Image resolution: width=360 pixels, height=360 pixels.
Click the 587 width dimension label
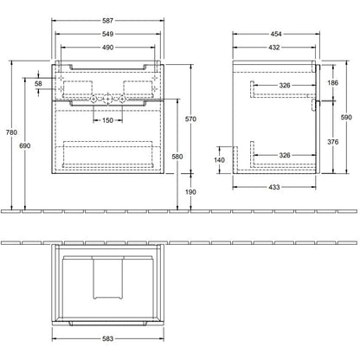[x=107, y=21]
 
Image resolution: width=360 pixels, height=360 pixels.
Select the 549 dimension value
[x=107, y=34]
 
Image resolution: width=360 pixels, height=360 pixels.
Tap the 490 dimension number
[x=107, y=48]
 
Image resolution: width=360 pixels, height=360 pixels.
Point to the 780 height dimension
[x=11, y=132]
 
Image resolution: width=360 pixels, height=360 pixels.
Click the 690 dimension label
[x=25, y=146]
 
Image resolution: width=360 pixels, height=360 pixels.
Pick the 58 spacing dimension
[x=38, y=84]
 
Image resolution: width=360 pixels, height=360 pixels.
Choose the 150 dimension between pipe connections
[x=107, y=120]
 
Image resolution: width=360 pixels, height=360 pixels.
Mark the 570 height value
[x=190, y=119]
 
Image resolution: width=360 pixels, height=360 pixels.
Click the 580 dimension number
[x=177, y=157]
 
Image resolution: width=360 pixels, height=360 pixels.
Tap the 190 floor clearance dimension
[x=190, y=192]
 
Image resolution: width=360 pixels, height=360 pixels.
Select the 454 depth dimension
[x=276, y=34]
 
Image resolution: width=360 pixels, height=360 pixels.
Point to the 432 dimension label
[x=274, y=48]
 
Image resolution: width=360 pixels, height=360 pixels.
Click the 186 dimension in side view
[x=332, y=83]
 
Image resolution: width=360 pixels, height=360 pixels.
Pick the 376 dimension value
[x=332, y=142]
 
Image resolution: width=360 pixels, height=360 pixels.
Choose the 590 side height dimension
[x=346, y=117]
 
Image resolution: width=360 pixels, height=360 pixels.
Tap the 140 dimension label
[x=219, y=160]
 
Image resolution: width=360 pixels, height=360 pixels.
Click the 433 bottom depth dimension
[x=274, y=187]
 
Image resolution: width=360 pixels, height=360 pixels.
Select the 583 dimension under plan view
[x=107, y=338]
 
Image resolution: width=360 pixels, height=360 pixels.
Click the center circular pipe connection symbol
[x=107, y=100]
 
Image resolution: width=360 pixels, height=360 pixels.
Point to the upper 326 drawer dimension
[x=285, y=86]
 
